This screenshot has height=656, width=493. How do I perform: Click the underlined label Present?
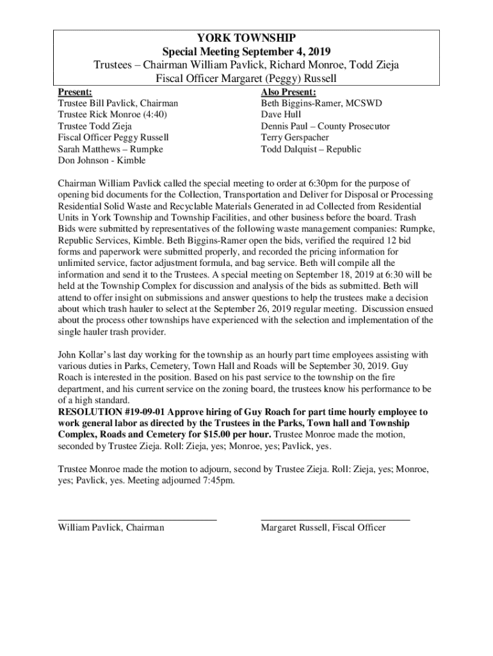pyautogui.click(x=75, y=92)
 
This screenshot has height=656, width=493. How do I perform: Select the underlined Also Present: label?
pyautogui.click(x=289, y=92)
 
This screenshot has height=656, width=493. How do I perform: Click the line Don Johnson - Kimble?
pyautogui.click(x=102, y=161)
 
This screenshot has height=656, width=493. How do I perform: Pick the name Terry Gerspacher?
pyautogui.click(x=295, y=138)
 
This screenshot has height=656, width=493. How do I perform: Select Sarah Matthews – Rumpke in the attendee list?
pyautogui.click(x=110, y=149)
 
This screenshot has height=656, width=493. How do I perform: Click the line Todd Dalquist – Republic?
pyautogui.click(x=311, y=149)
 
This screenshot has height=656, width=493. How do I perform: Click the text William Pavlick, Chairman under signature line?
pyautogui.click(x=111, y=528)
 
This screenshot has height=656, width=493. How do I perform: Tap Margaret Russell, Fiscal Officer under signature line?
pyautogui.click(x=323, y=528)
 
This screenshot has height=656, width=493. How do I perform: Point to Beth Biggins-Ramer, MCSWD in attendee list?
pyautogui.click(x=312, y=103)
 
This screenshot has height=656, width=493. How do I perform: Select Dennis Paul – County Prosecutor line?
pyautogui.click(x=325, y=126)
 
